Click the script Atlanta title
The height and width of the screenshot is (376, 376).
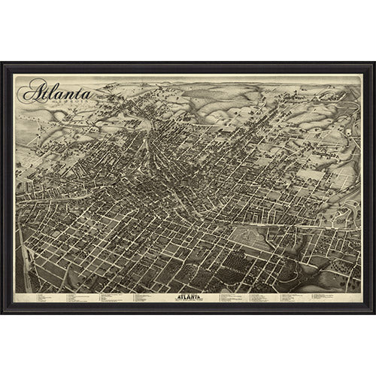[x=56, y=94]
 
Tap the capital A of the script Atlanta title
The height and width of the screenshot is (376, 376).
[x=32, y=94]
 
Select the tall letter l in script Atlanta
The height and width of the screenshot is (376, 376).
[x=50, y=92]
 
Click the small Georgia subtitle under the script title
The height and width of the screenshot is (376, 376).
[x=57, y=106]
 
